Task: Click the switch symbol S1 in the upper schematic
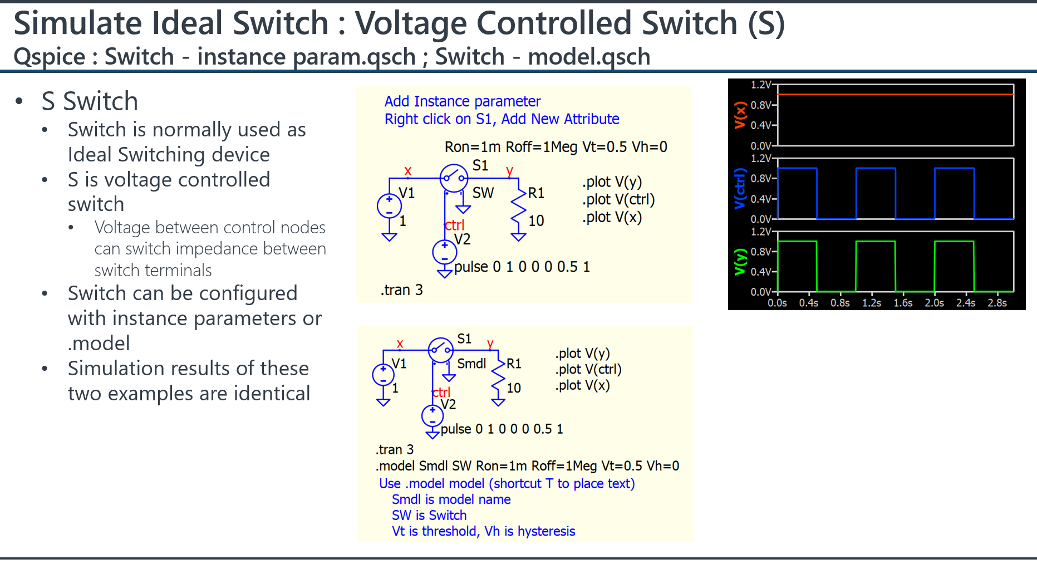point(454,178)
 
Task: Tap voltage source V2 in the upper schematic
point(445,252)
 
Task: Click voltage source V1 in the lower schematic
point(383,375)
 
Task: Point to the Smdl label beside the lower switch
point(471,364)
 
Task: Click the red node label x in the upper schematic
point(408,171)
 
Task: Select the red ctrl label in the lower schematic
point(441,393)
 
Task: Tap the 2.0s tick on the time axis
point(935,303)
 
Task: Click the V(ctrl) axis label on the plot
point(740,188)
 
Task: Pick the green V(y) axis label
point(740,262)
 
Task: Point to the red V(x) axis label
point(740,115)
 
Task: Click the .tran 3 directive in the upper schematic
point(402,290)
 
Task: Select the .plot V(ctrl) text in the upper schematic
point(618,199)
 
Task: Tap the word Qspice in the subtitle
point(50,57)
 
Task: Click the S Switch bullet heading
point(90,101)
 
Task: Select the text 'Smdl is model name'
point(451,499)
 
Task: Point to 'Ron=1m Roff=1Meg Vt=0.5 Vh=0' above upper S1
point(556,147)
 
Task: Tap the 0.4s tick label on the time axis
point(809,303)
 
